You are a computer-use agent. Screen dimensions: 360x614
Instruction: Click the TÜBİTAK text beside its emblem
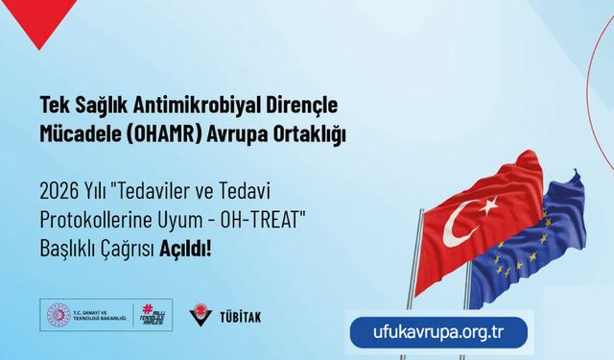click(x=240, y=316)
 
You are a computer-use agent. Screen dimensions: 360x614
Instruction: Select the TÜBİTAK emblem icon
click(x=201, y=314)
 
